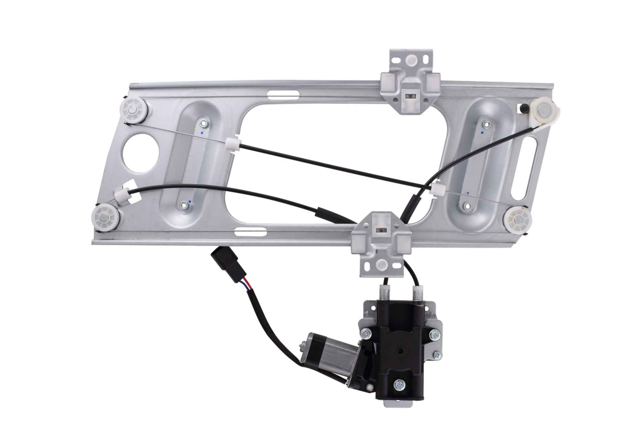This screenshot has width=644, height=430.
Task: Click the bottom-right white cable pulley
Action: tap(518, 220)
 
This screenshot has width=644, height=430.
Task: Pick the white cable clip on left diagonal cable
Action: tap(234, 144)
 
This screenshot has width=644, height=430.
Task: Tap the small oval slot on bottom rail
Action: tap(250, 232)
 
